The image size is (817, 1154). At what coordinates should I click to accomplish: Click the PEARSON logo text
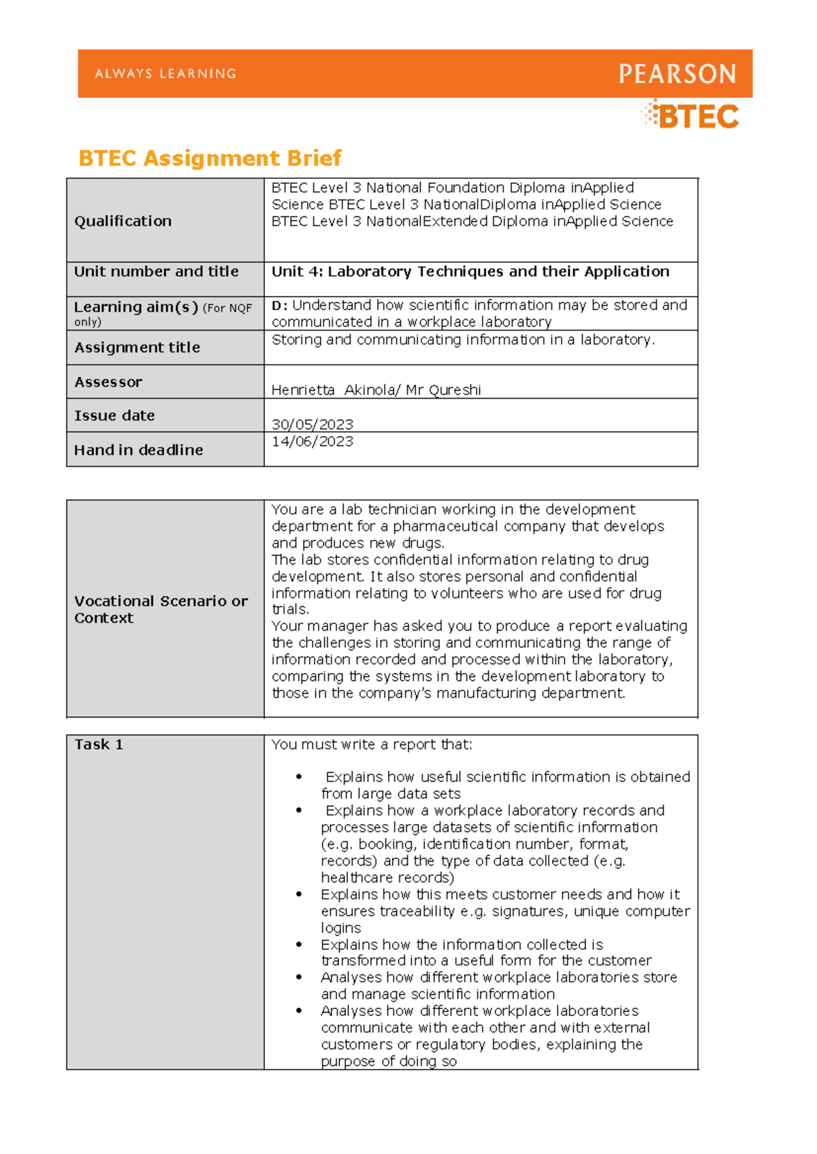(x=677, y=73)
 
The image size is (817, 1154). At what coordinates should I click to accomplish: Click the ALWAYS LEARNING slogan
(x=165, y=73)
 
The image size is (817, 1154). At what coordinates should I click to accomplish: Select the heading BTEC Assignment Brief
(x=210, y=159)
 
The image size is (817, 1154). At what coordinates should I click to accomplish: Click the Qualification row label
(x=123, y=221)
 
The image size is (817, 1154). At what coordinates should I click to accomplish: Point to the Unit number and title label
(x=156, y=271)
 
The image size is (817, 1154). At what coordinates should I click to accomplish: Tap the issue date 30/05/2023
(x=312, y=425)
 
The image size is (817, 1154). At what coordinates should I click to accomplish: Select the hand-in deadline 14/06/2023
(x=312, y=442)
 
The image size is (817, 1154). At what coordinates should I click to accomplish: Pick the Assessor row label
(x=108, y=382)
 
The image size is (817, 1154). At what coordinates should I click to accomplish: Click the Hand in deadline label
(x=138, y=450)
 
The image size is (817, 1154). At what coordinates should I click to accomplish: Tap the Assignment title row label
(x=137, y=348)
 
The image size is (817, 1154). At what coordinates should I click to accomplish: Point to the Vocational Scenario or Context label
(x=161, y=610)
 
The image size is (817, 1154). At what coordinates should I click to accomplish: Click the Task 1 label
(x=99, y=744)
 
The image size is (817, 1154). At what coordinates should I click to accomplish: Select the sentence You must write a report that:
(x=371, y=744)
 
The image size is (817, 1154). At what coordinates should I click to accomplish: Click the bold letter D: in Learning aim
(x=279, y=306)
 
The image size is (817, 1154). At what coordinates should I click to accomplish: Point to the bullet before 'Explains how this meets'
(x=299, y=895)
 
